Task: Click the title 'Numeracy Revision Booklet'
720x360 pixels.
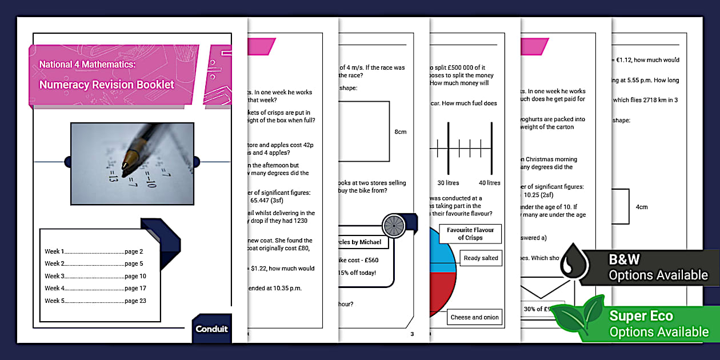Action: (x=107, y=85)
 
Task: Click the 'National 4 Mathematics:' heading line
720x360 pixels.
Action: (x=87, y=65)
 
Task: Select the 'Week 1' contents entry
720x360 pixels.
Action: (x=55, y=251)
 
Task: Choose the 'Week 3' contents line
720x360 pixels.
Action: (x=55, y=276)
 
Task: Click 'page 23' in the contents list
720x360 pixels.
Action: (x=135, y=301)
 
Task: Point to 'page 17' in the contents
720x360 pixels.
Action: (x=135, y=289)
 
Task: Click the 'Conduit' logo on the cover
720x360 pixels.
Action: (x=211, y=329)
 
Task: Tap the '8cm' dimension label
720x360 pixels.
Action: (x=401, y=132)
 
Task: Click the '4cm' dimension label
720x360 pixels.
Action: (x=642, y=207)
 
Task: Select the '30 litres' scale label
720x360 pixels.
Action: (x=449, y=183)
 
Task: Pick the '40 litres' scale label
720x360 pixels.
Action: (x=489, y=183)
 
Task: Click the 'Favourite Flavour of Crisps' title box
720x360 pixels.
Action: (x=470, y=234)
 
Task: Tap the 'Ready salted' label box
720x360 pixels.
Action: (x=481, y=258)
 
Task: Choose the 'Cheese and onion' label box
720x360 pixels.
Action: (x=474, y=317)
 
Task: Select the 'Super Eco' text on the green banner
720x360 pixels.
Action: (x=641, y=316)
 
